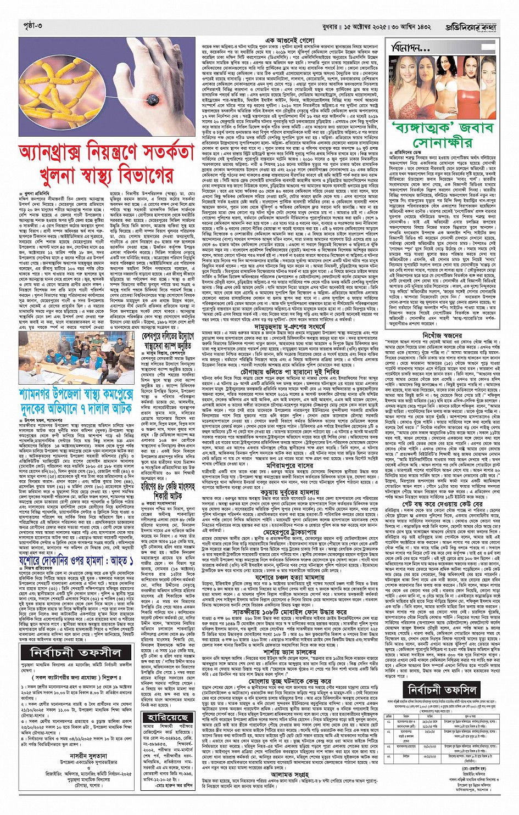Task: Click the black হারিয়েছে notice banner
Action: (168, 717)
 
